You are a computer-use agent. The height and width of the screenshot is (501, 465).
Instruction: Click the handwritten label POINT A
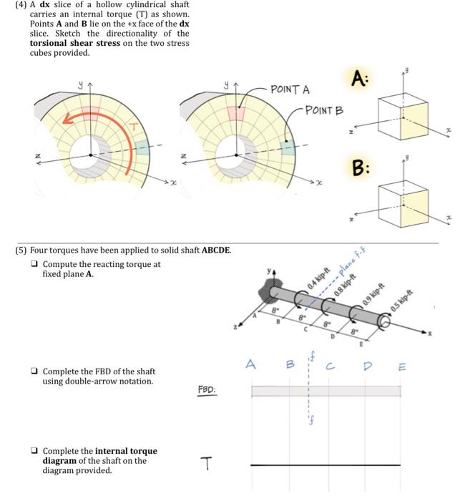[x=290, y=89]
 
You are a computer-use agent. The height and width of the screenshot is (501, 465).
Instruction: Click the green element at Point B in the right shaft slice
[x=288, y=147]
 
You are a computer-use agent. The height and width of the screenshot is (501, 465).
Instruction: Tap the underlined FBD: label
[x=207, y=391]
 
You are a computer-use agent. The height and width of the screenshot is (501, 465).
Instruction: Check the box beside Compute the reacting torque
[x=34, y=264]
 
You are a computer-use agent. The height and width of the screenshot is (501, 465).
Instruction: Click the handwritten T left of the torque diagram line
[x=207, y=466]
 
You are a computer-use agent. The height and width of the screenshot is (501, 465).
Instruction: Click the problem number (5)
[x=21, y=250]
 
